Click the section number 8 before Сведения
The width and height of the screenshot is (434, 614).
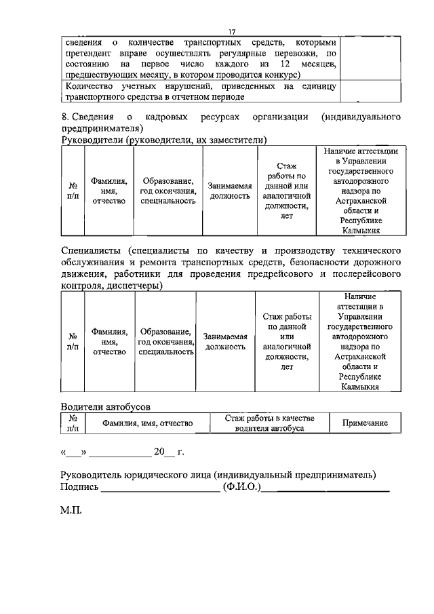pyautogui.click(x=64, y=116)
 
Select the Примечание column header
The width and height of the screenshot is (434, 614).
pyautogui.click(x=364, y=423)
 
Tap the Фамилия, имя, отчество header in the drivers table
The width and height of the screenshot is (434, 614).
pyautogui.click(x=147, y=423)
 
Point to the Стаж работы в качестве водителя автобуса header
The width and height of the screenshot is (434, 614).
pyautogui.click(x=269, y=423)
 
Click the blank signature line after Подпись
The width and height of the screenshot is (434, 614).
pyautogui.click(x=160, y=487)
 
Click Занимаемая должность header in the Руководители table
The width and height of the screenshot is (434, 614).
pyautogui.click(x=230, y=190)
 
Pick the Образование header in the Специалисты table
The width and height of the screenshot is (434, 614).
pyautogui.click(x=166, y=341)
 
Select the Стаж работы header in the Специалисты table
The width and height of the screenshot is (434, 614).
pyautogui.click(x=286, y=341)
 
